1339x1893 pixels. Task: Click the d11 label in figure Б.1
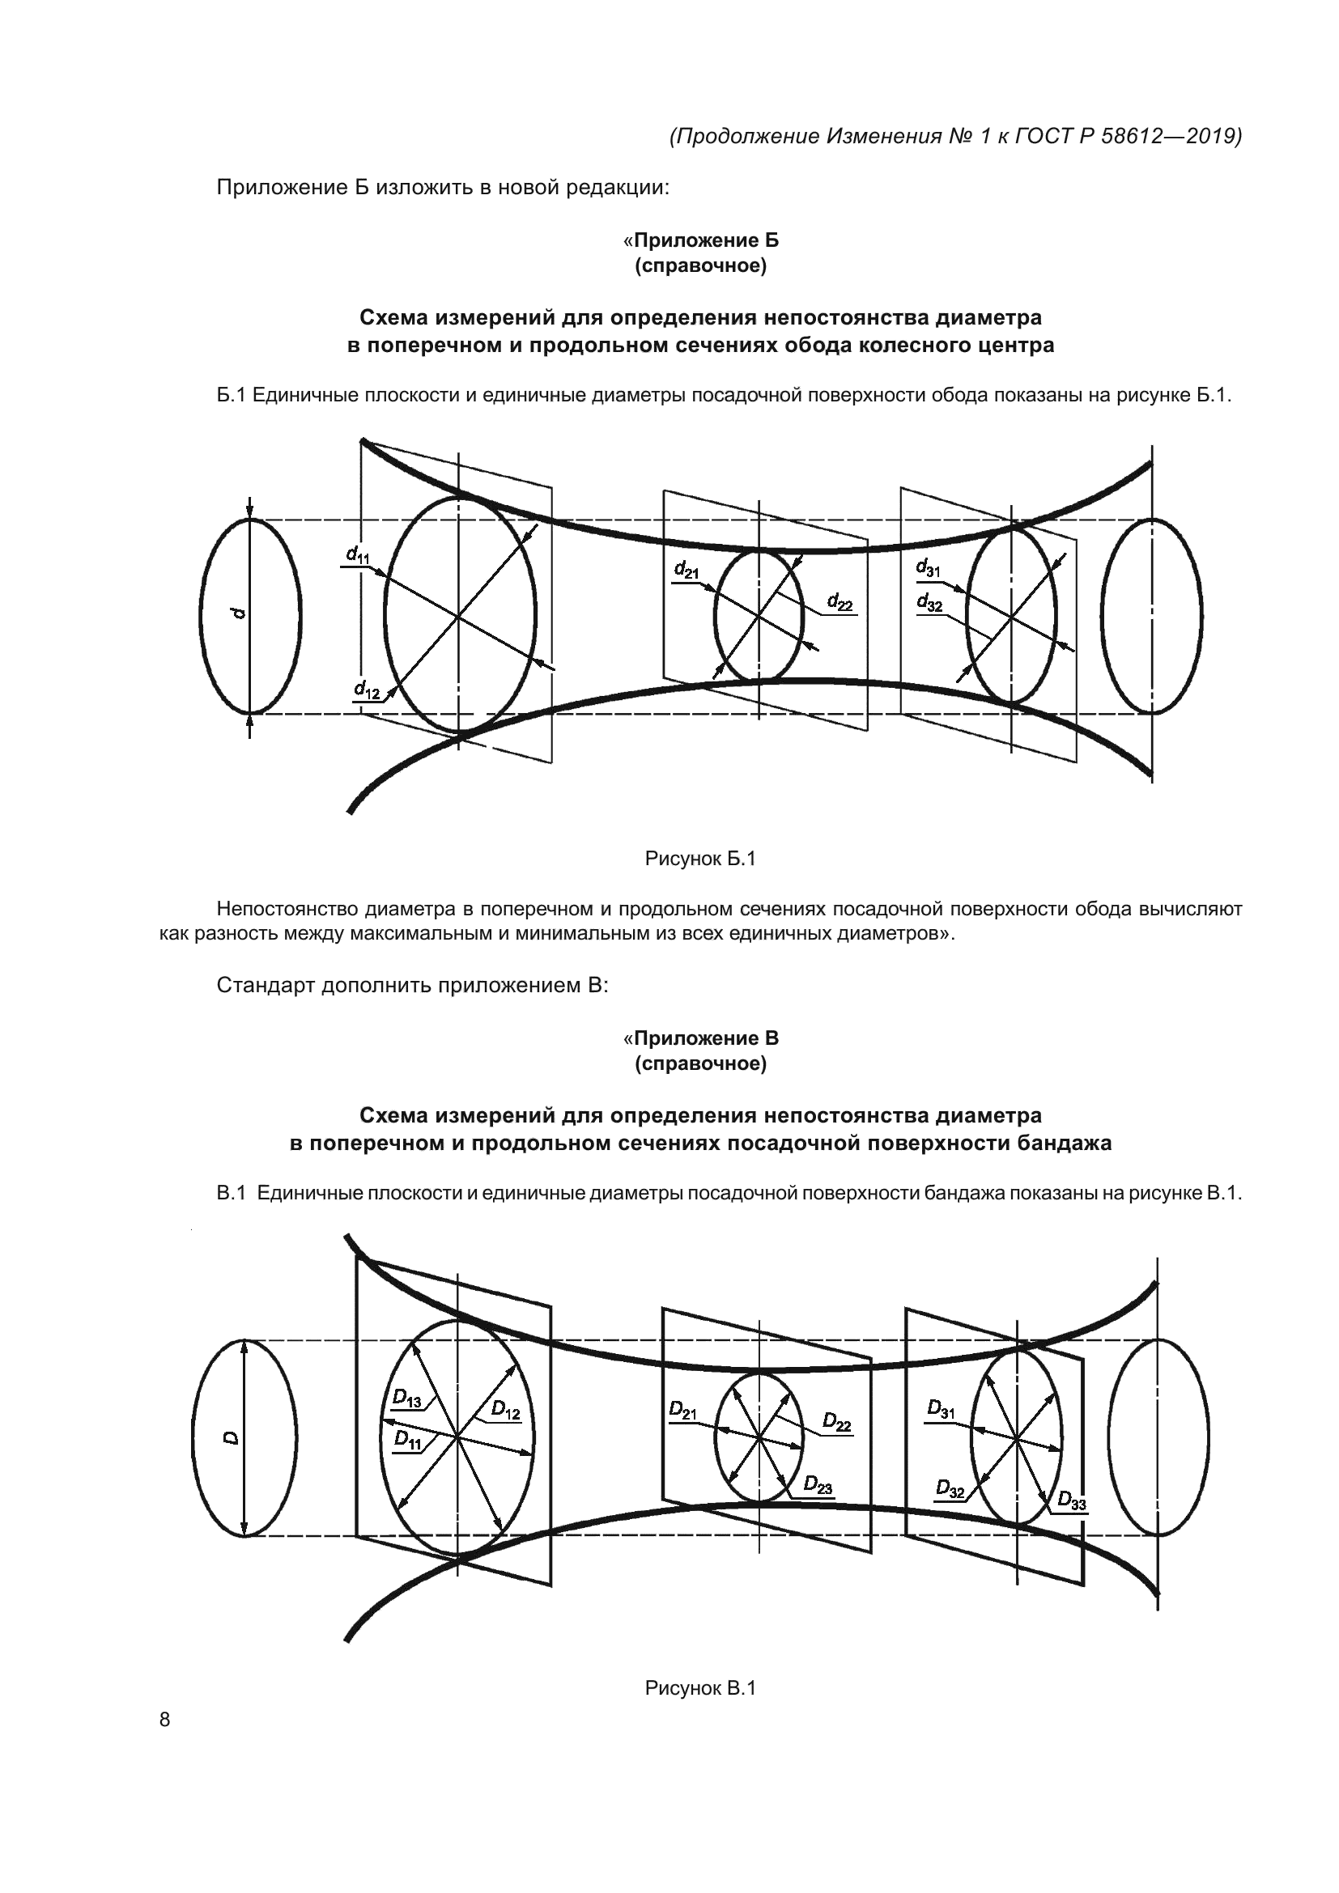coord(358,555)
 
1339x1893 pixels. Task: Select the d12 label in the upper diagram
coord(367,690)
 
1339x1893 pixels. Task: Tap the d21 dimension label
coord(686,570)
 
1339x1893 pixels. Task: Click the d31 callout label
coord(929,568)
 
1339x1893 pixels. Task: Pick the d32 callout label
coord(929,603)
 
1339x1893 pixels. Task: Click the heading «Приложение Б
coord(700,240)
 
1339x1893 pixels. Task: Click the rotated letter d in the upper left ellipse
coord(238,613)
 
